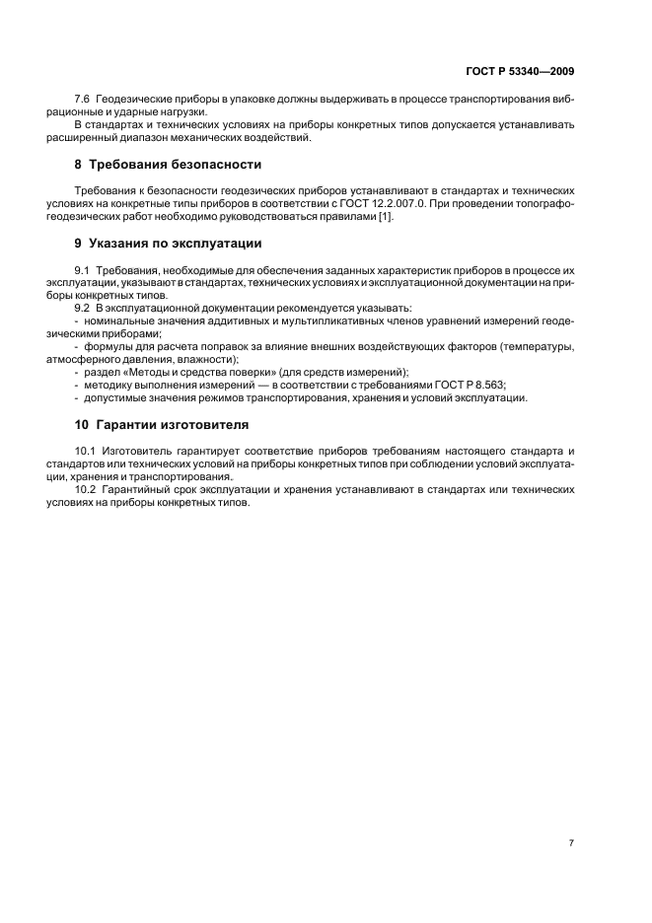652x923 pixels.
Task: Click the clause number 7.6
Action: [x=84, y=101]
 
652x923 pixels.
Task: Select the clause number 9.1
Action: [x=84, y=269]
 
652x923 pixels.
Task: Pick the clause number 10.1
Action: [x=87, y=451]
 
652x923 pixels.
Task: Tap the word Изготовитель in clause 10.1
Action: [x=136, y=451]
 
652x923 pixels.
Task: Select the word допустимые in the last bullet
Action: [x=115, y=398]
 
